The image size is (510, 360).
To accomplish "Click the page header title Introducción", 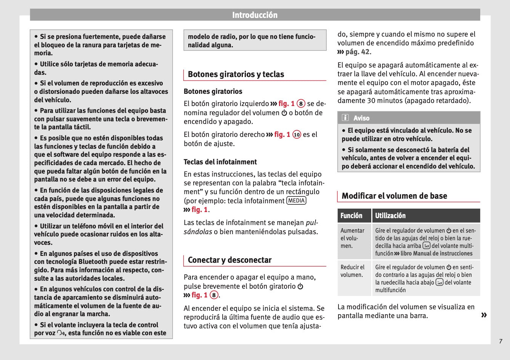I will (x=255, y=15).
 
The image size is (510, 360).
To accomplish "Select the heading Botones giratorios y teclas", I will (x=236, y=74).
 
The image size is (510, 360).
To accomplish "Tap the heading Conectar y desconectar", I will (x=229, y=260).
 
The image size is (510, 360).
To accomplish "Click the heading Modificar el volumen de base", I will (x=394, y=196).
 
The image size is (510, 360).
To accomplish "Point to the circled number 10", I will (x=297, y=135).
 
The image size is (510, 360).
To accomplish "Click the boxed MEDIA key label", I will (x=296, y=201).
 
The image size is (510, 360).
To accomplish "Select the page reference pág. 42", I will (x=357, y=52).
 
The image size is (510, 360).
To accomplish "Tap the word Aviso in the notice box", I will (x=361, y=118).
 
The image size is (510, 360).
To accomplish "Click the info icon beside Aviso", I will (x=345, y=118).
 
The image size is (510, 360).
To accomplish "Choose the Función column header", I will (x=351, y=215).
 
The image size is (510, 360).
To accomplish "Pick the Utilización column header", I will (x=390, y=215).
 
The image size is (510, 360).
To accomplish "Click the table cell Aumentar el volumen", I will (x=353, y=238).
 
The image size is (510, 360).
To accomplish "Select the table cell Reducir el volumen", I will (x=353, y=271).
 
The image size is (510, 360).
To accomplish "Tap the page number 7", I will (x=501, y=341).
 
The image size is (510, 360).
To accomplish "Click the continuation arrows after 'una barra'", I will (x=484, y=315).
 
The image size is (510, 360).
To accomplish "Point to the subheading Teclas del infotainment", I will (x=220, y=162).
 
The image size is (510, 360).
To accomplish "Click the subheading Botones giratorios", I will (x=213, y=92).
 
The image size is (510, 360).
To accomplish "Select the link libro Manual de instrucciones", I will (x=436, y=254).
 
